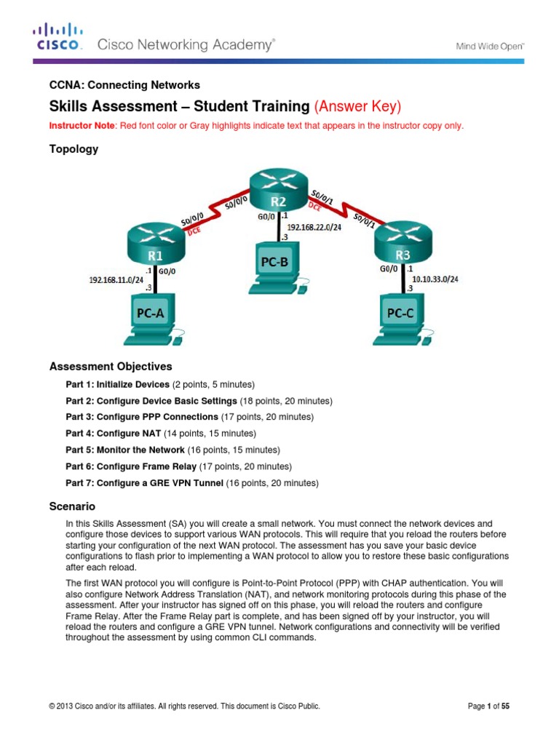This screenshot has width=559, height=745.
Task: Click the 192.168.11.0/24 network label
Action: pyautogui.click(x=116, y=278)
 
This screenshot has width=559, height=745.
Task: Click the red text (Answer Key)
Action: pyautogui.click(x=357, y=106)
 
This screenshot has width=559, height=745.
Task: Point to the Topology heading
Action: pyautogui.click(x=73, y=149)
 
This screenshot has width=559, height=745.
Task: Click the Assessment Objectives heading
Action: pyautogui.click(x=110, y=366)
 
